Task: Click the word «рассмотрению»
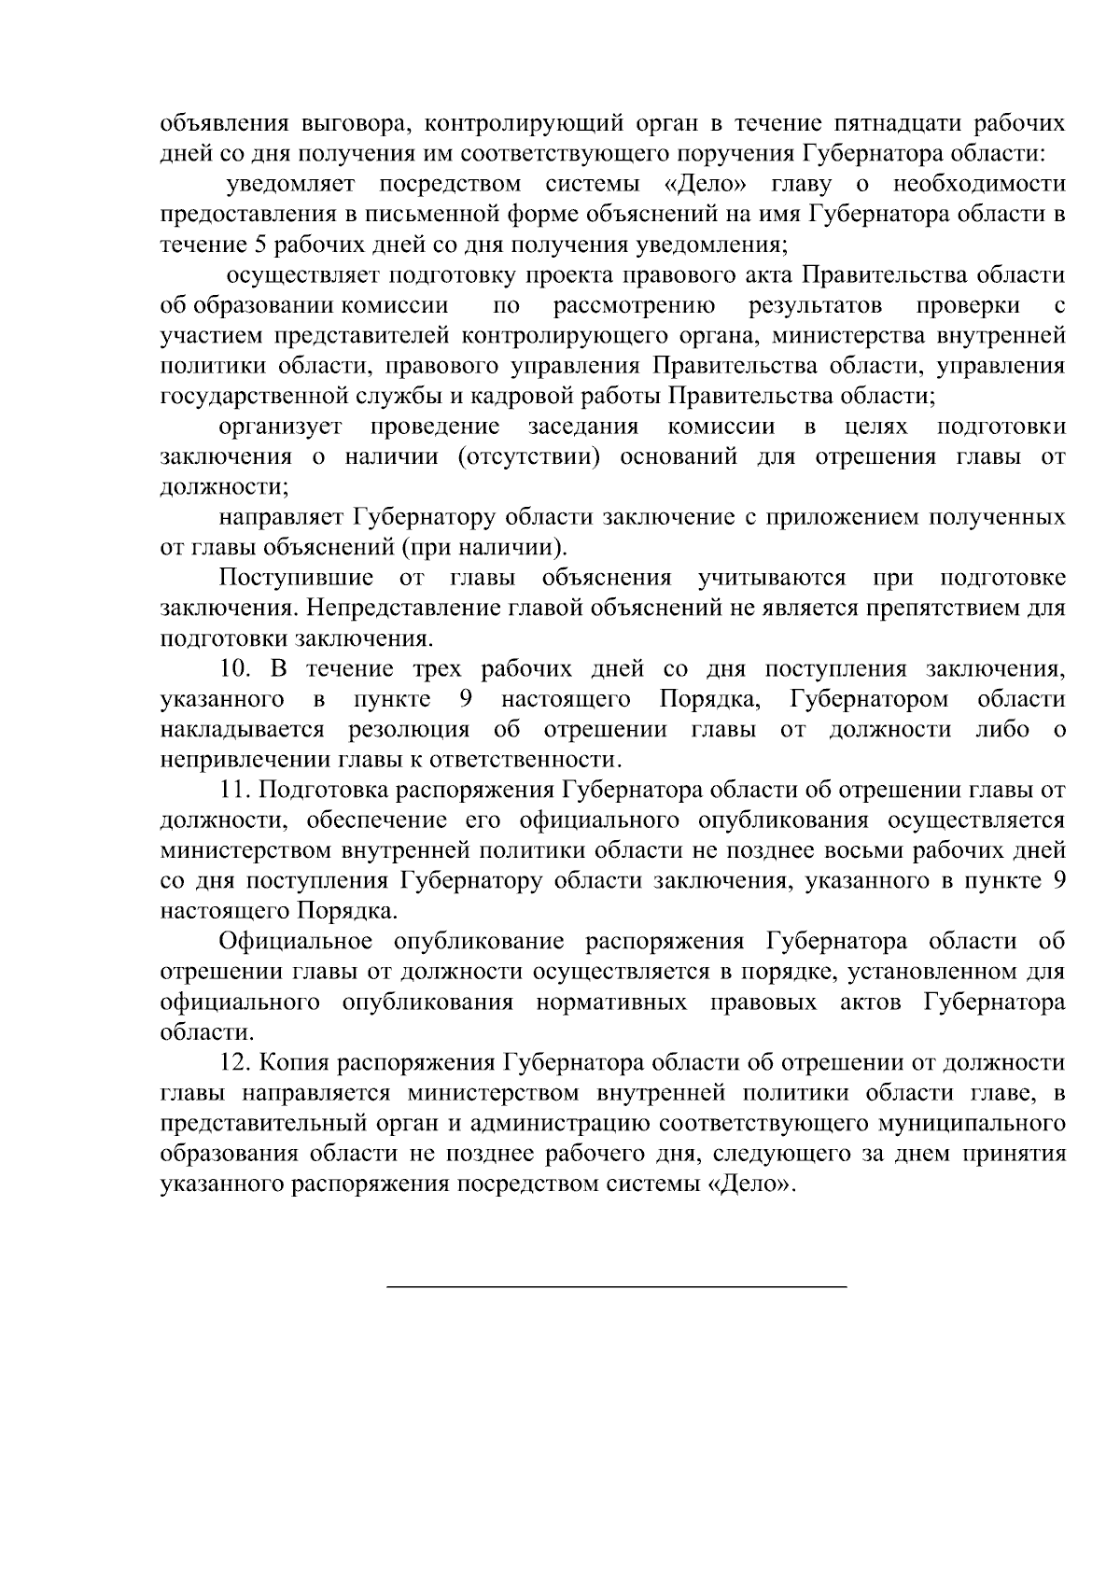click(634, 306)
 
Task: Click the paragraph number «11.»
click(235, 790)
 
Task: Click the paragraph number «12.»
click(235, 1062)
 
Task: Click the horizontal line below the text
click(616, 1288)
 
